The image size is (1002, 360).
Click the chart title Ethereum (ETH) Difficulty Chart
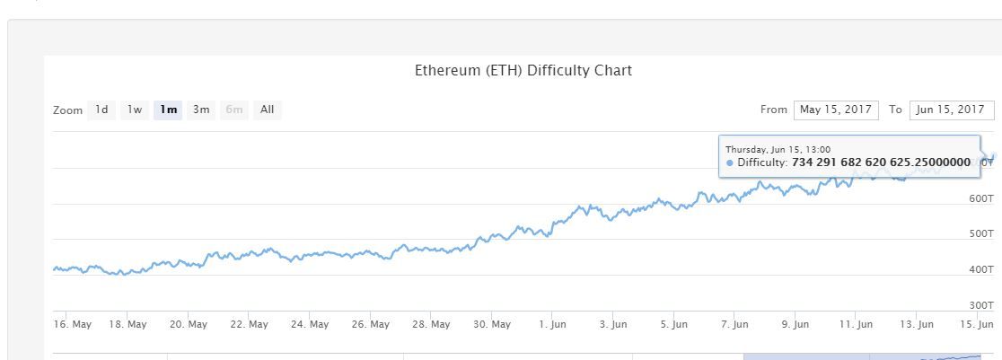coord(523,70)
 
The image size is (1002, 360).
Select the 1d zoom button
coord(101,110)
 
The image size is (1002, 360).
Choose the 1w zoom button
coord(134,110)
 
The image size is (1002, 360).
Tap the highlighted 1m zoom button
coord(168,110)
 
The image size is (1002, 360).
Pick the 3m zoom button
coord(201,110)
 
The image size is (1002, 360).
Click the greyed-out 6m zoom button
coord(234,110)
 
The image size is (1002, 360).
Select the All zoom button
coord(267,110)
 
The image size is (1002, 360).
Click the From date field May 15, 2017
coord(836,110)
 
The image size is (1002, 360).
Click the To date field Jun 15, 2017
coord(952,110)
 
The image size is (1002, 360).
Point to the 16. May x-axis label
coord(72,324)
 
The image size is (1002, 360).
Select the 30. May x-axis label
coord(492,324)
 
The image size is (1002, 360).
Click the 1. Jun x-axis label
coord(552,324)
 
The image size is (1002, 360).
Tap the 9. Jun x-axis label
coord(795,324)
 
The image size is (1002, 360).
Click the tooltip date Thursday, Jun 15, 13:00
coord(778,149)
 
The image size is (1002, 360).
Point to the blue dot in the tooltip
coord(730,162)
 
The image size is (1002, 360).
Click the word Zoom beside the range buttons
coord(67,110)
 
